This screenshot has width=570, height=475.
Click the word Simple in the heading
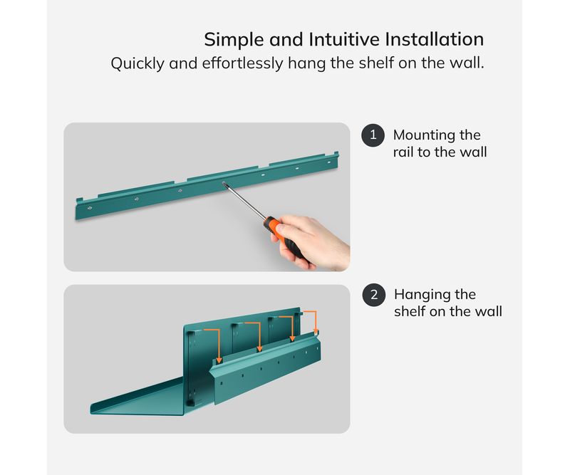[234, 40]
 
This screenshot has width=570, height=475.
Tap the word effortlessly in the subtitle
[242, 63]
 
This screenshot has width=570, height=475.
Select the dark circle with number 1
[373, 135]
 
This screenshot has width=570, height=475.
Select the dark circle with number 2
[374, 295]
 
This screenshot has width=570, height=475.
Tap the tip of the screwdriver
[224, 184]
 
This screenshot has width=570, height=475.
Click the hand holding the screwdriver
[313, 241]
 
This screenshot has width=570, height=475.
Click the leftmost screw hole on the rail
[90, 208]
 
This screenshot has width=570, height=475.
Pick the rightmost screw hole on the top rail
[329, 162]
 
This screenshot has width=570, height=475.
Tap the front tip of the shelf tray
[92, 409]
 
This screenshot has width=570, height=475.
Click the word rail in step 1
[403, 152]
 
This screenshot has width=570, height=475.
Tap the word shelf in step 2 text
[410, 312]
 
